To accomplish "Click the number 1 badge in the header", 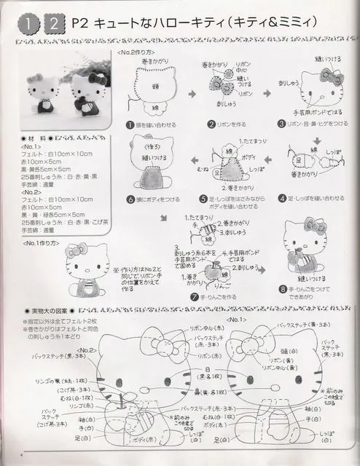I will [x=27, y=25].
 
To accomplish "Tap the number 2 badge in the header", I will [x=55, y=25].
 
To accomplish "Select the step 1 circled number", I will [x=129, y=125].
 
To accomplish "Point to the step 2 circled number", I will [x=211, y=125].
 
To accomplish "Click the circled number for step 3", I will [x=279, y=125].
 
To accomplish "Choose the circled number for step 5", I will [x=204, y=198].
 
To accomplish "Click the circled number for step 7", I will [x=194, y=298].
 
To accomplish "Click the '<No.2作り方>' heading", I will [x=136, y=53].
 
